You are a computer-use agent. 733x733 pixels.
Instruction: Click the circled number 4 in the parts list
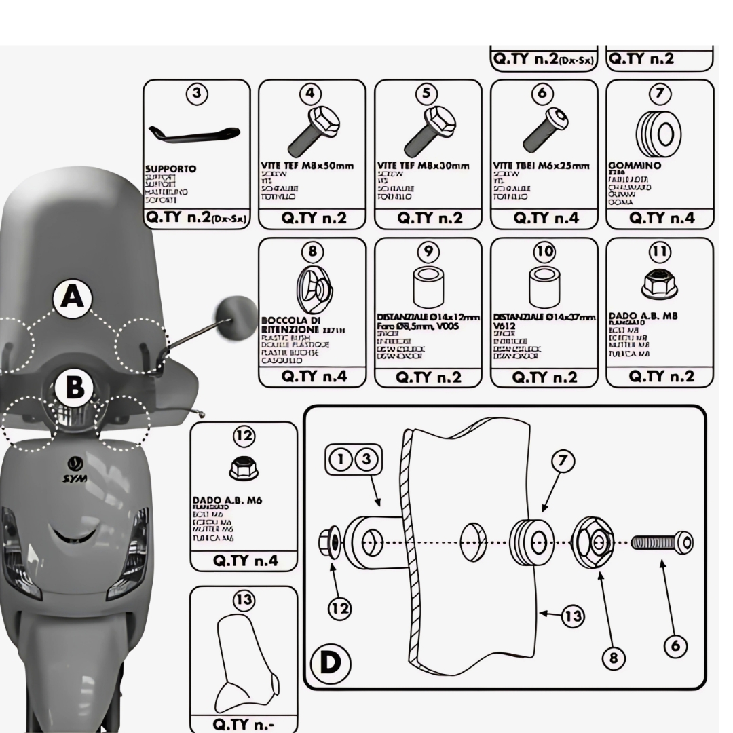click(x=312, y=94)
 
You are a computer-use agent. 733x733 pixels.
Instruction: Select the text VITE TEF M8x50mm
click(x=307, y=166)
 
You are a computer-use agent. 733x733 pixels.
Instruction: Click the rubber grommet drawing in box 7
click(x=660, y=132)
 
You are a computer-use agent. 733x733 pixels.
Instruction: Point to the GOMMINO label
click(x=634, y=166)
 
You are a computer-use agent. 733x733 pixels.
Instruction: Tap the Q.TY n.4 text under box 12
click(x=244, y=561)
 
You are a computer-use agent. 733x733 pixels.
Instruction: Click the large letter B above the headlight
click(x=75, y=388)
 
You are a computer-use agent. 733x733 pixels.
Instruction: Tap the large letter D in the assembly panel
click(x=331, y=662)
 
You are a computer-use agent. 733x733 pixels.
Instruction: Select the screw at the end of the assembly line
click(x=662, y=542)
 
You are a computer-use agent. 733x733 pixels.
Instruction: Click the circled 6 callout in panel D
click(x=675, y=645)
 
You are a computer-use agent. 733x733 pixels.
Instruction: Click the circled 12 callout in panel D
click(x=339, y=609)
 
